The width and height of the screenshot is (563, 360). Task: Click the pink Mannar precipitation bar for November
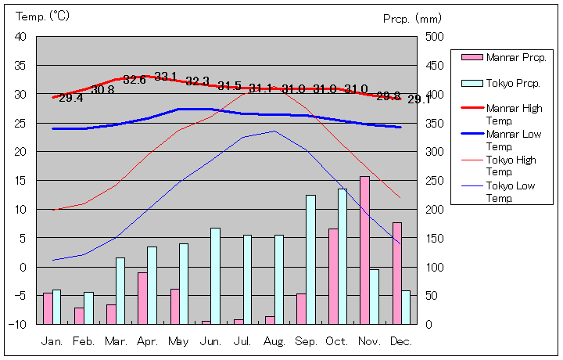[364, 250]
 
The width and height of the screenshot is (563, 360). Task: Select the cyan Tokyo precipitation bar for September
[310, 259]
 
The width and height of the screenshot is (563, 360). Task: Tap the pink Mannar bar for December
[396, 272]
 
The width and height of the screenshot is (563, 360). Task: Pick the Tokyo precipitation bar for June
[215, 275]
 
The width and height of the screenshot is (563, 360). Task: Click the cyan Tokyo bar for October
[342, 256]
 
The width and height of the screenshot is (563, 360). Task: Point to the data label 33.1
[165, 76]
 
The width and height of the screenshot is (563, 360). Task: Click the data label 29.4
[70, 98]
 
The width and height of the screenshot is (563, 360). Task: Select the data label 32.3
[197, 81]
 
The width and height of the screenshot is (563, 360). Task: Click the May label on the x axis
[178, 341]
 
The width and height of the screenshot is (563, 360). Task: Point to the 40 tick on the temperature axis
[20, 37]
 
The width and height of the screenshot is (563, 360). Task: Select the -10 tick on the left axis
[19, 324]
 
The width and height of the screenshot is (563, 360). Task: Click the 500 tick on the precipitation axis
[435, 37]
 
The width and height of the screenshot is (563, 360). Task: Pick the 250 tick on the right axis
[435, 181]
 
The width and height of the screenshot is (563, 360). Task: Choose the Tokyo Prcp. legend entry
[513, 83]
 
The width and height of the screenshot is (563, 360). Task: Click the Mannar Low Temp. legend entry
[514, 140]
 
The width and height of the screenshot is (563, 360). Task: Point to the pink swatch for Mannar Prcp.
[472, 57]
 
